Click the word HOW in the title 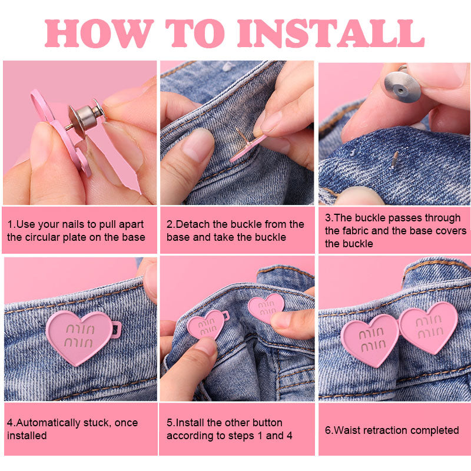pos(98,34)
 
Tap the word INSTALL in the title pos(331,34)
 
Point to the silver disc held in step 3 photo pos(402,87)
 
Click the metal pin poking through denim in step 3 pos(394,159)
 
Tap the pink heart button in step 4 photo pos(79,336)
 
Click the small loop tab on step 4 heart pos(117,330)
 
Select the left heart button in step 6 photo pos(370,340)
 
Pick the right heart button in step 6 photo pos(429,327)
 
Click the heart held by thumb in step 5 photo pos(205,326)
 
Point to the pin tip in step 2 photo pos(237,128)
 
